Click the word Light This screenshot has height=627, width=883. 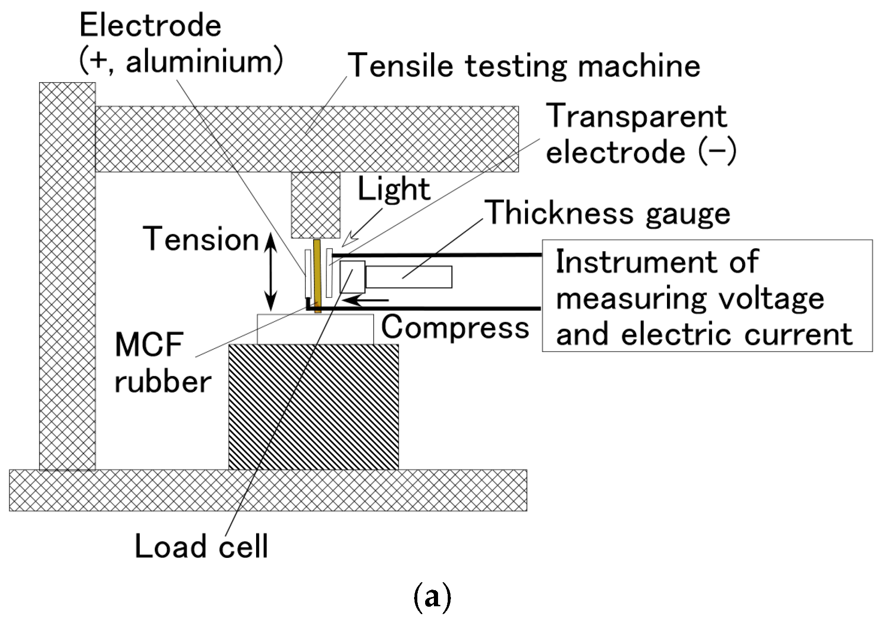click(x=394, y=189)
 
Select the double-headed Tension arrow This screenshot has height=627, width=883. click(x=271, y=272)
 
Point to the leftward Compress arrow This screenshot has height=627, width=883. click(x=366, y=301)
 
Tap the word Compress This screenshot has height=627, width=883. click(x=455, y=328)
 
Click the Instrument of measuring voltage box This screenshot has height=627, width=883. click(x=707, y=296)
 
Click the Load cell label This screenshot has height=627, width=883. click(x=201, y=547)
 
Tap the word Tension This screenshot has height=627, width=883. click(x=201, y=239)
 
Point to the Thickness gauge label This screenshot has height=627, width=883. click(x=608, y=213)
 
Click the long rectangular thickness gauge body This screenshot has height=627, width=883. click(x=408, y=277)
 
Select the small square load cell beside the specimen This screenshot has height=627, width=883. click(x=352, y=277)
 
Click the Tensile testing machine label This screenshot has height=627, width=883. click(x=524, y=65)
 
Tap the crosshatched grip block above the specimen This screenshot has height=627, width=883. click(x=316, y=205)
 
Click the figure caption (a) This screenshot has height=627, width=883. click(x=432, y=597)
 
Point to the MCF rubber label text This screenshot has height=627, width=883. click(x=162, y=363)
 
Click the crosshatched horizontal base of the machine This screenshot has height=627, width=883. click(x=267, y=490)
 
